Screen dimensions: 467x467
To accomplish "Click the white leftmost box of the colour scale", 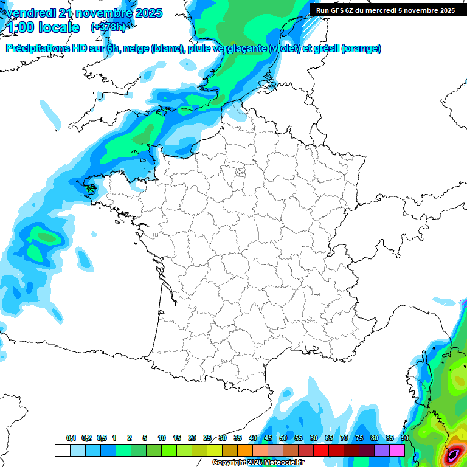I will (x=62, y=450).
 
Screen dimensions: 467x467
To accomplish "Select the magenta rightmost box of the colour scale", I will (x=397, y=450).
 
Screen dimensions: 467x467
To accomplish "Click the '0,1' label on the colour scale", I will (x=71, y=438).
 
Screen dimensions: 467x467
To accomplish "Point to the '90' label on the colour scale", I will (x=404, y=438).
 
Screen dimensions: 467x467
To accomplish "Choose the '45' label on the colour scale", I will (x=268, y=438).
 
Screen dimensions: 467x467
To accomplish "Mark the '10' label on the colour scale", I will (x=162, y=438).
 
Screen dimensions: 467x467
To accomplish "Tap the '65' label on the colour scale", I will (x=329, y=438).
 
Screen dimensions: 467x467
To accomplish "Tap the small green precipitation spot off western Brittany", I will (x=91, y=189).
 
